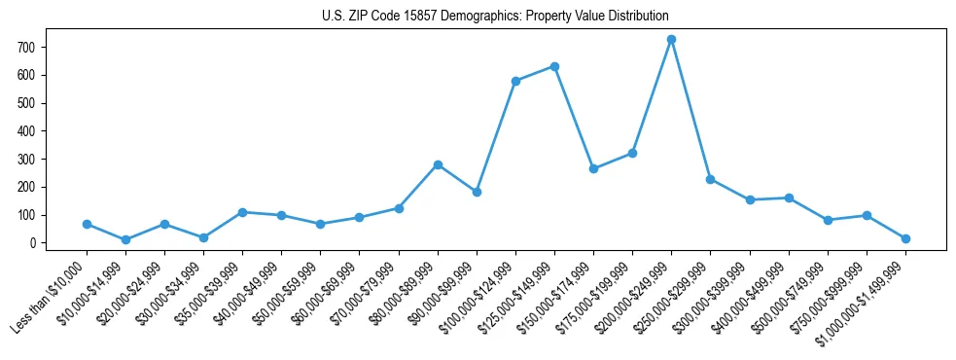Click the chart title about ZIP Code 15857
click(x=495, y=17)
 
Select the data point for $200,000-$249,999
click(x=671, y=39)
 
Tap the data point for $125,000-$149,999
click(x=554, y=66)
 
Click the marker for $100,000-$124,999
click(x=515, y=81)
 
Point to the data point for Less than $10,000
click(x=87, y=224)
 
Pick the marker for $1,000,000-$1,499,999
click(x=905, y=238)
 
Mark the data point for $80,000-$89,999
click(x=438, y=164)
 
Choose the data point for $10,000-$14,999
click(x=125, y=239)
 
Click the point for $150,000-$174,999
click(x=593, y=168)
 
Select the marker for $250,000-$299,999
click(x=710, y=179)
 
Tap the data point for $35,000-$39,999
click(x=242, y=212)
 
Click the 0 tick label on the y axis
click(x=33, y=243)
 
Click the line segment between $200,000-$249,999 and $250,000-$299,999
click(x=690, y=109)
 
